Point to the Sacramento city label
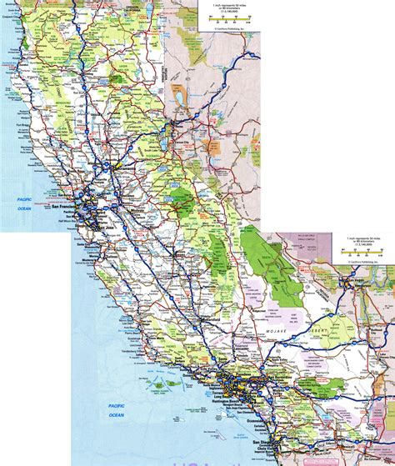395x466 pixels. (125, 166)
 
